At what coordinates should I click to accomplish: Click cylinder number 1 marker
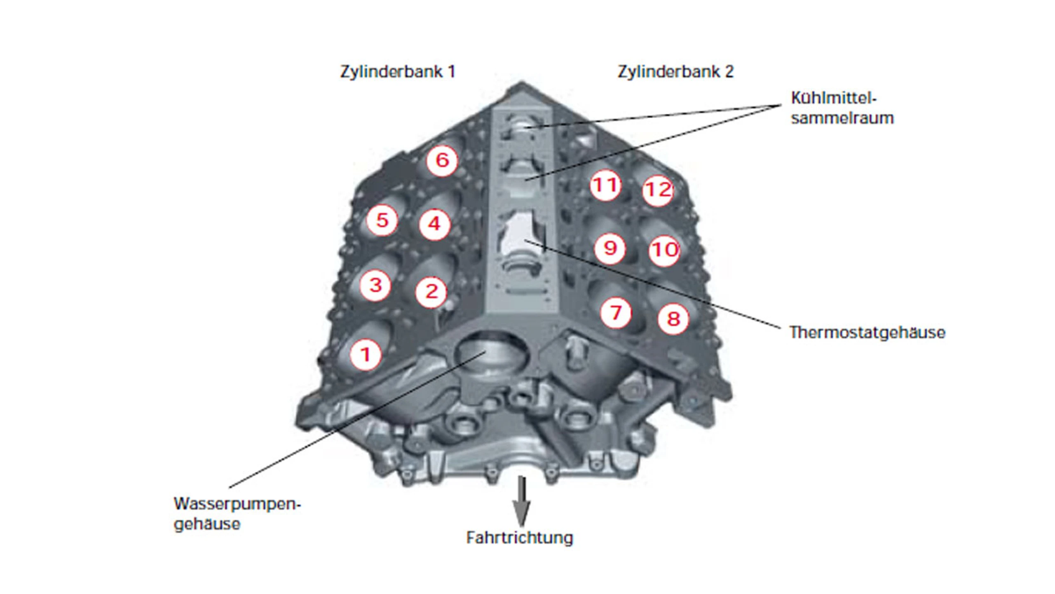[366, 355]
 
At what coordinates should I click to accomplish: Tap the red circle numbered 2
[431, 292]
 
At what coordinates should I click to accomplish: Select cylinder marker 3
[375, 285]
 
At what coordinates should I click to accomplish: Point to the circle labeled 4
[434, 224]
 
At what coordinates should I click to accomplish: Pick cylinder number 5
[382, 220]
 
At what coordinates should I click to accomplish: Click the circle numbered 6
[442, 160]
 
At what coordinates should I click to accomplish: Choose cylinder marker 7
[616, 313]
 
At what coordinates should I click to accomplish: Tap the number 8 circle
[673, 318]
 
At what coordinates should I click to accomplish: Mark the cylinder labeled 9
[610, 248]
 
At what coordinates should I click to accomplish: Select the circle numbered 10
[664, 250]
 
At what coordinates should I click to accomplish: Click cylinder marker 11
[605, 186]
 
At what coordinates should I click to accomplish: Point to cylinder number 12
[658, 190]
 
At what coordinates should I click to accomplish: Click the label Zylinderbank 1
[398, 72]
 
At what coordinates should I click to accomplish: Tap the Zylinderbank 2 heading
[675, 72]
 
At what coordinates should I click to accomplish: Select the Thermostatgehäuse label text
[867, 332]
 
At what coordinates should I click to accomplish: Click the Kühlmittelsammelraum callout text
[842, 108]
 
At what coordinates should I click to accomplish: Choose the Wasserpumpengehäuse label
[237, 514]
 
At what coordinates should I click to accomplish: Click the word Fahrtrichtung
[520, 538]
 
